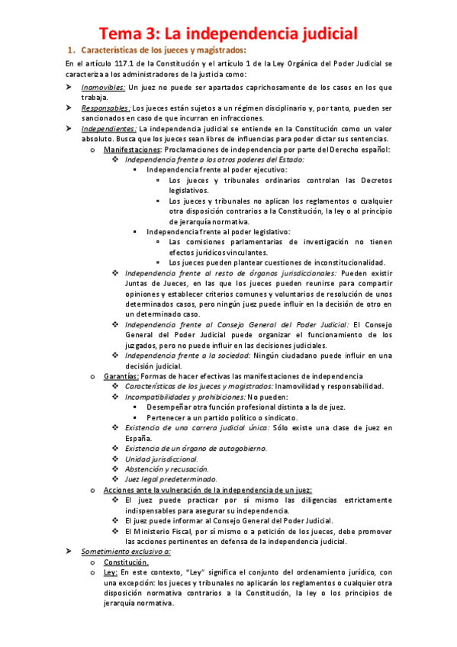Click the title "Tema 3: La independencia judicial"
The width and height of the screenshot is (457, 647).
(x=228, y=33)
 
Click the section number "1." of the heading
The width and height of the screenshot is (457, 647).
(x=72, y=50)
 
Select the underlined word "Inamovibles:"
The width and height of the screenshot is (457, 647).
(x=104, y=87)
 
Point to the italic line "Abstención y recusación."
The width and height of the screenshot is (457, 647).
(x=166, y=469)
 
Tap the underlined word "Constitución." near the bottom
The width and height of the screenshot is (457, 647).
(x=127, y=562)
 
